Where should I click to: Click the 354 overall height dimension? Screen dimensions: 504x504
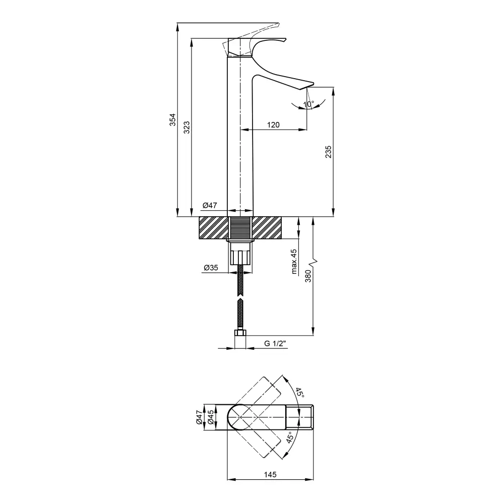coord(173,119)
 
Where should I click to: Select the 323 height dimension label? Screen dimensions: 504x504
coord(187,128)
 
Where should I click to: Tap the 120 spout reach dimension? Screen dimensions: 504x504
coord(273,124)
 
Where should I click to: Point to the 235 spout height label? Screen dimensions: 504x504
coord(328,152)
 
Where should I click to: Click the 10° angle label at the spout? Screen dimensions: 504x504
coord(308,104)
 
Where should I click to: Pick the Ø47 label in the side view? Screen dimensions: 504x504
coord(210,205)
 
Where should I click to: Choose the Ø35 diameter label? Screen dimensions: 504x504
coord(211,268)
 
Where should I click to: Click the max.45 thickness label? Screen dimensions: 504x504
coord(294,262)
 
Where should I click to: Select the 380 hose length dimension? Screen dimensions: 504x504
coord(308,276)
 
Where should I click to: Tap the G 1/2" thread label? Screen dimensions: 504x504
coord(275,344)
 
